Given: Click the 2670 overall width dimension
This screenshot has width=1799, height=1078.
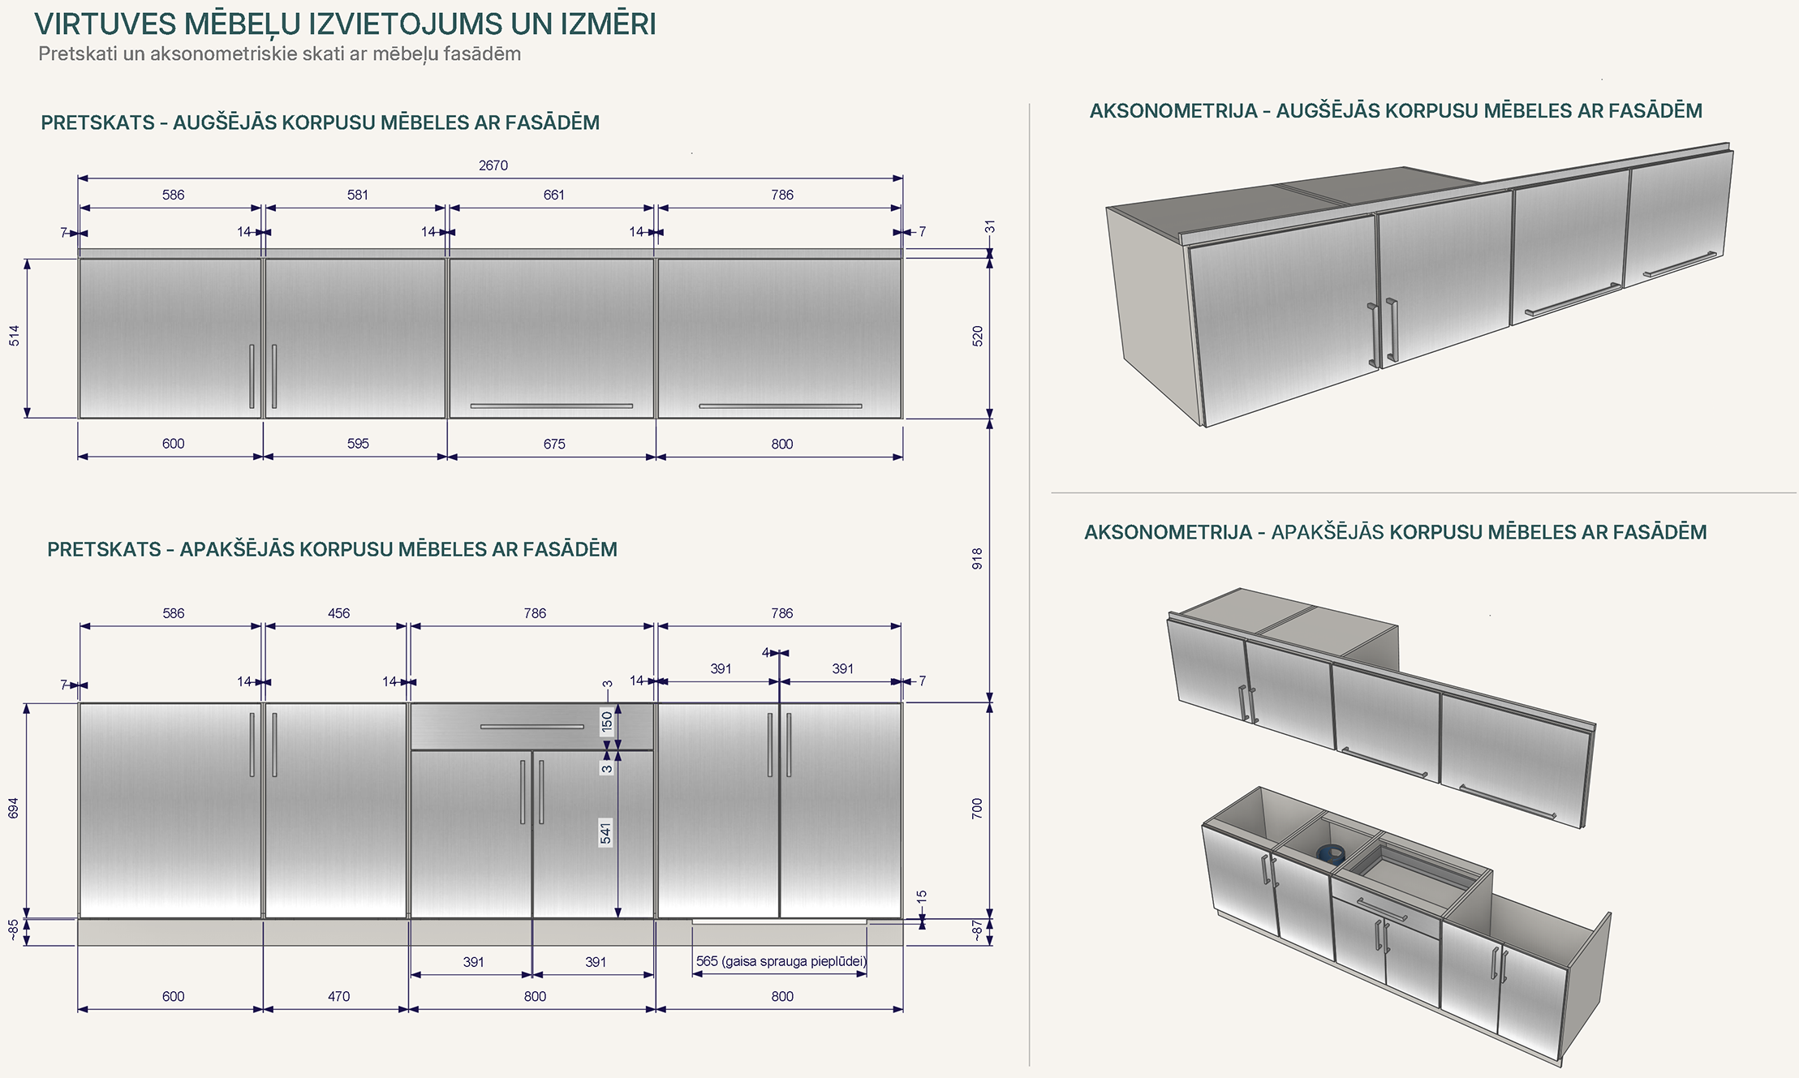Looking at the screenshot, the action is (493, 165).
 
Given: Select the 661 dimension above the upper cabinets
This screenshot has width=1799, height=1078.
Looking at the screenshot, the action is (554, 195).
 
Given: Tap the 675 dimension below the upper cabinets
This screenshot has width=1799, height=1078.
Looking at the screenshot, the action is (554, 444).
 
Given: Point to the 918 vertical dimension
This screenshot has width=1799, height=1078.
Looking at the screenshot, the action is (977, 558).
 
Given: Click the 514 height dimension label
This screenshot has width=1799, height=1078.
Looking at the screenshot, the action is (15, 336).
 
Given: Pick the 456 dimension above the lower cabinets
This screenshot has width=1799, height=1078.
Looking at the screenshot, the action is (339, 613).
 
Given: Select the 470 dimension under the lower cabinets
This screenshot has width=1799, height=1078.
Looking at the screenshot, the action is (339, 996).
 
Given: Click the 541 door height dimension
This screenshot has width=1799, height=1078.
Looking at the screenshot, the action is (605, 833).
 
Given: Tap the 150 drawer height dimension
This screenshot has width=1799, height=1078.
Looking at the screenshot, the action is (607, 722).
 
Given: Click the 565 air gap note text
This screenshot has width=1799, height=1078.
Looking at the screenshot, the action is (781, 961).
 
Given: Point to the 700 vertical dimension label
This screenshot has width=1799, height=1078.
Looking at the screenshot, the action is (977, 808).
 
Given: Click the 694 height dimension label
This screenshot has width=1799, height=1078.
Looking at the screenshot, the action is (14, 808).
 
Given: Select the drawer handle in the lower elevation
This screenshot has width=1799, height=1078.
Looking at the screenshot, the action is (532, 727).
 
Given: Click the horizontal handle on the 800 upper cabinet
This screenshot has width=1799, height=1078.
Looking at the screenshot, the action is (781, 406).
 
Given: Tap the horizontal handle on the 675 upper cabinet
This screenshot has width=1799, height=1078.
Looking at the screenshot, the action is (552, 406).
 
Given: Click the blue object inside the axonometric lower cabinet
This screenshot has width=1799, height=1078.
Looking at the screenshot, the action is (1332, 853).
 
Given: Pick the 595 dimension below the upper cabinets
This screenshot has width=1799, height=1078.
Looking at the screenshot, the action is (358, 444).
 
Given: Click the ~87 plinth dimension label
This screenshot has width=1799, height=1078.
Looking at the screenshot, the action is (977, 931).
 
